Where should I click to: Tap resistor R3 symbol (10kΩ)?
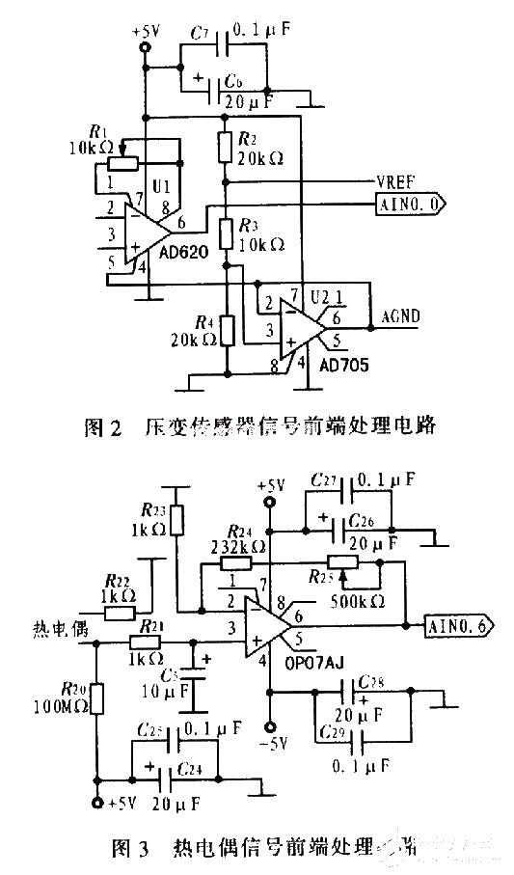tap(224, 232)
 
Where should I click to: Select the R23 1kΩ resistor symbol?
tap(176, 518)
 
